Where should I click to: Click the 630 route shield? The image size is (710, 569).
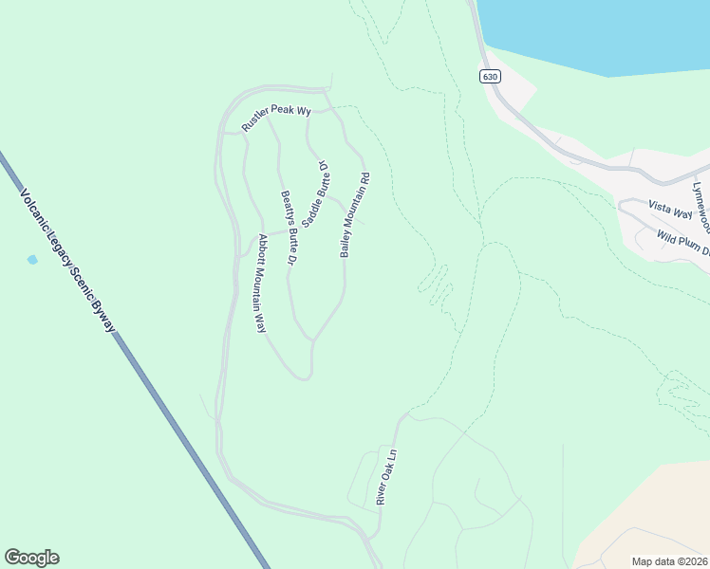(x=489, y=77)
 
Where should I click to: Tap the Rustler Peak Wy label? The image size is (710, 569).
(x=276, y=118)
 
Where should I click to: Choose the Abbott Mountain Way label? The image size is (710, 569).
(x=256, y=283)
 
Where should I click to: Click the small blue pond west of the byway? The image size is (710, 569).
(x=32, y=259)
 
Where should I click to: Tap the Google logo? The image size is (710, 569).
(x=31, y=558)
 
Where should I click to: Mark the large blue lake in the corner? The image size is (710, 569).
(x=598, y=33)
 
